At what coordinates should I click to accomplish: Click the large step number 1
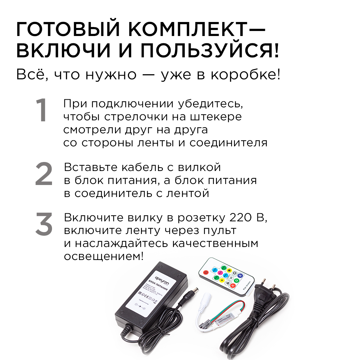[42, 111]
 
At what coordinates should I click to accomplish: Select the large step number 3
[44, 224]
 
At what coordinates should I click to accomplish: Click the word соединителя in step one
[228, 143]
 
